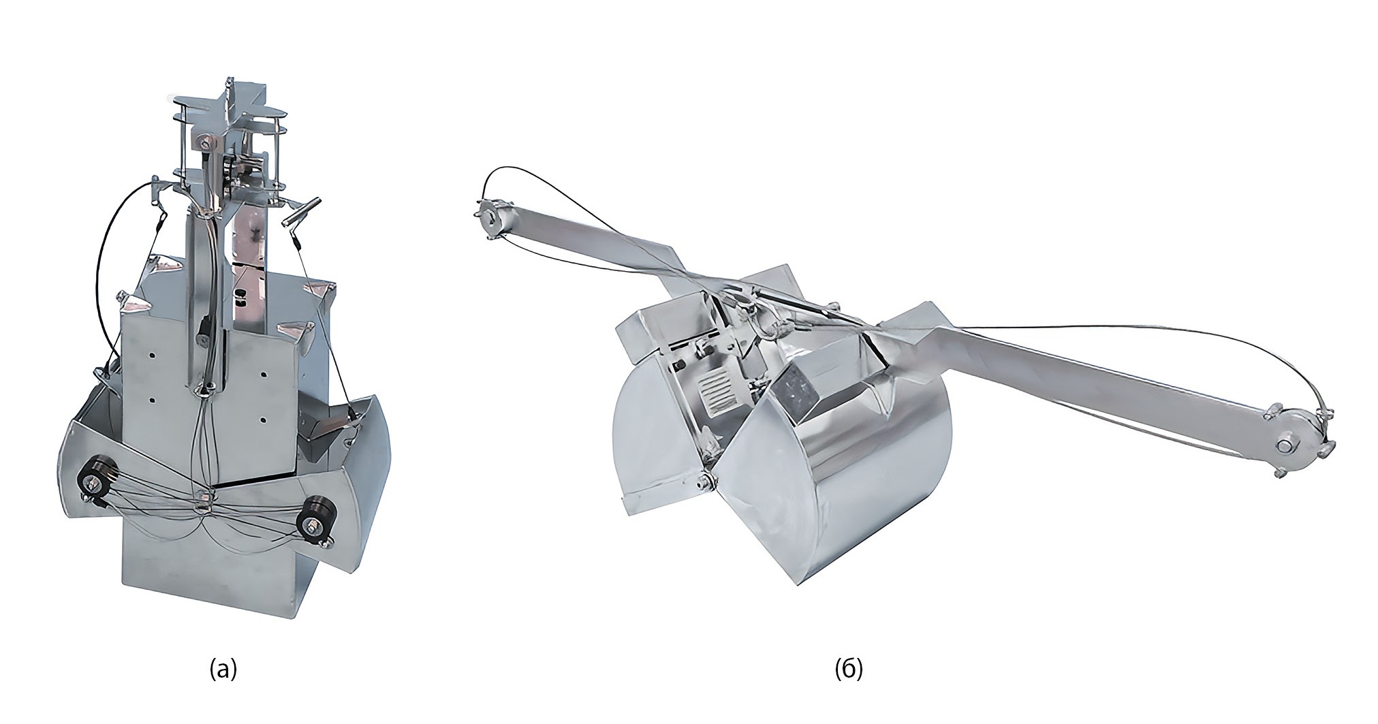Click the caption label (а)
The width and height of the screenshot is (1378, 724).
pos(223,670)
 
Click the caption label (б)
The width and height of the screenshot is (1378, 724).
pos(849,670)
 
